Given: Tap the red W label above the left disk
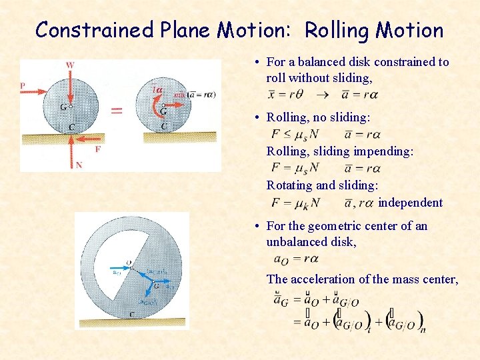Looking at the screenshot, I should click(71, 65).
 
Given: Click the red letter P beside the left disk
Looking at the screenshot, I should click(23, 85).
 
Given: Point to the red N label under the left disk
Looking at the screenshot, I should click(79, 165).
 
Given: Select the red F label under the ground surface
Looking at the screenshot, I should click(97, 149).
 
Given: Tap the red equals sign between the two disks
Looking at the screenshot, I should click(116, 110).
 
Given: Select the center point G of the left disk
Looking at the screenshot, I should click(70, 105).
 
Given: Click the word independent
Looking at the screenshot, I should click(410, 203).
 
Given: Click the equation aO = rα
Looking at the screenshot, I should click(297, 259).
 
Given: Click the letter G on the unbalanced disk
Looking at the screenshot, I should click(155, 285).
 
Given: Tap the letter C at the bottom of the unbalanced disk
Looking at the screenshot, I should click(132, 314).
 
